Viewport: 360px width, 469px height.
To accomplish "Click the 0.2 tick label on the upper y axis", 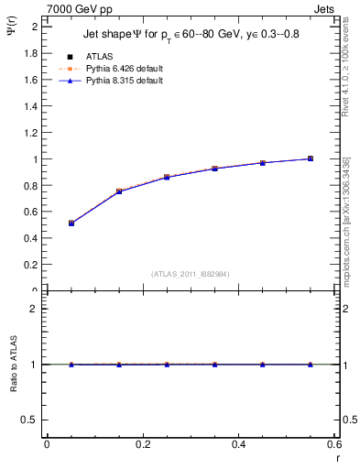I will (x=32, y=265).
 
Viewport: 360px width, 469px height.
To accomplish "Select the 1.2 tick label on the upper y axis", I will (x=32, y=133).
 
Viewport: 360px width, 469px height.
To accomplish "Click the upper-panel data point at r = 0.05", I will (x=71, y=223).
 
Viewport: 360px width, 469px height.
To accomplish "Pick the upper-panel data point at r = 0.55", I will (x=311, y=158).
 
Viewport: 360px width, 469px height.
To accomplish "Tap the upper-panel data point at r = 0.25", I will (x=167, y=177).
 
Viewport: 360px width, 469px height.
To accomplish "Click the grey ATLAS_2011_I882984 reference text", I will (x=191, y=273).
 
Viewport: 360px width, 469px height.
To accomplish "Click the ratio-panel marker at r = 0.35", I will (x=214, y=365).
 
